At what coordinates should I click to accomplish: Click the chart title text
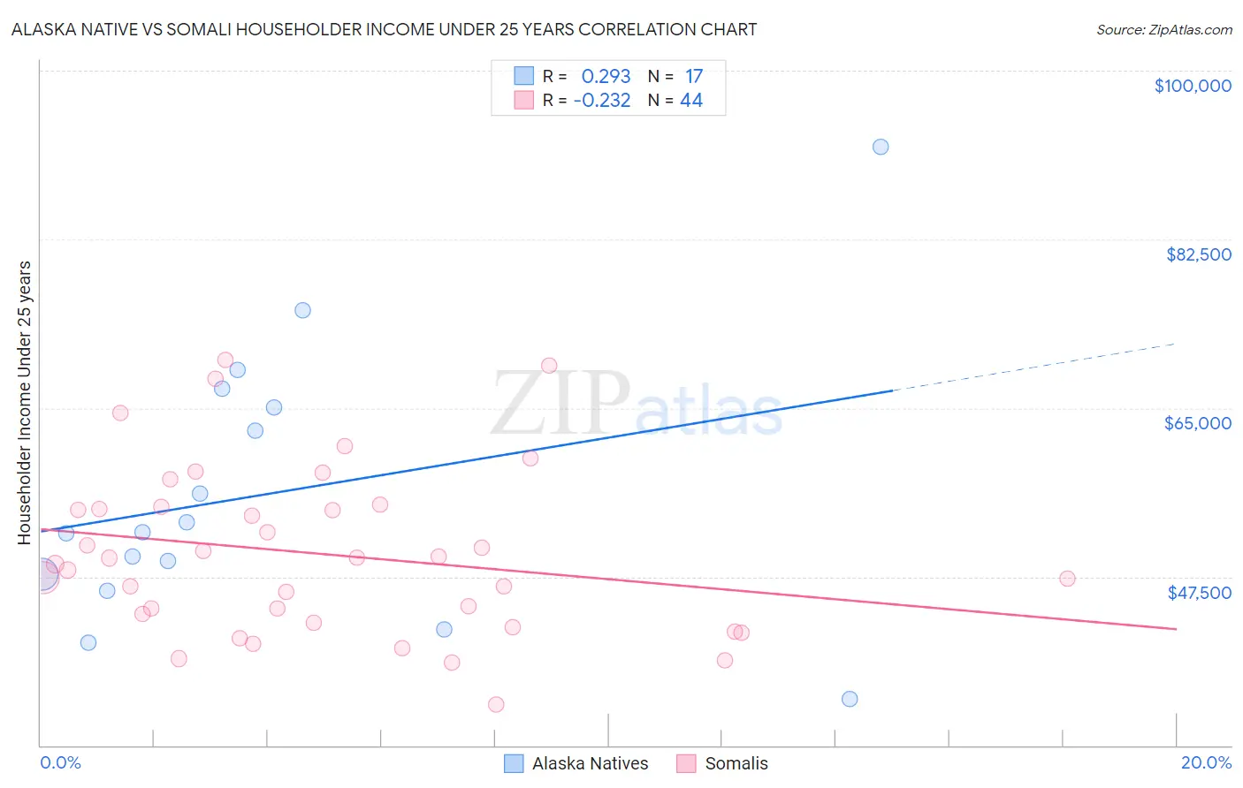coord(384,29)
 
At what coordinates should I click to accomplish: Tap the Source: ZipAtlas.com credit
coord(1163,29)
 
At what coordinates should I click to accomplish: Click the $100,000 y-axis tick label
coord(1192,86)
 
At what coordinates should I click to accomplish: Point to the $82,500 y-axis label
coord(1198,254)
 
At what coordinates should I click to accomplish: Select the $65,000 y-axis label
coord(1197,423)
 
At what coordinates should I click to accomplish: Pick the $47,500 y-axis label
coord(1199,593)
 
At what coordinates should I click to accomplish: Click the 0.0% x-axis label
coord(60,762)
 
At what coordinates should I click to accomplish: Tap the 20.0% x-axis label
coord(1206,762)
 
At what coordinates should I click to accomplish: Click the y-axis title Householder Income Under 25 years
coord(25,402)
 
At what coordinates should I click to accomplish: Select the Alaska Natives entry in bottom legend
coord(589,763)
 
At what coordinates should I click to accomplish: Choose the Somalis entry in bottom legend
coord(736,763)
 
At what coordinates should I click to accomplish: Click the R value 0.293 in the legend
coord(606,77)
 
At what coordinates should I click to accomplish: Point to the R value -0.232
coord(602,101)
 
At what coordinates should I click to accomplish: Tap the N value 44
coord(690,101)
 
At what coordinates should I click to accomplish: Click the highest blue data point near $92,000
coord(881,147)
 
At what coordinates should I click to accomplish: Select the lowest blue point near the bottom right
coord(850,699)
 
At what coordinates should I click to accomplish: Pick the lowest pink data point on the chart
coord(496,704)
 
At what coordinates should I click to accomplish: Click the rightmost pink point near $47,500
coord(1067,579)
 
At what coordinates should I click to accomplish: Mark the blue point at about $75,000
coord(302,310)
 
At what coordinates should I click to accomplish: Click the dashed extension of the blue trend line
coord(1034,367)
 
